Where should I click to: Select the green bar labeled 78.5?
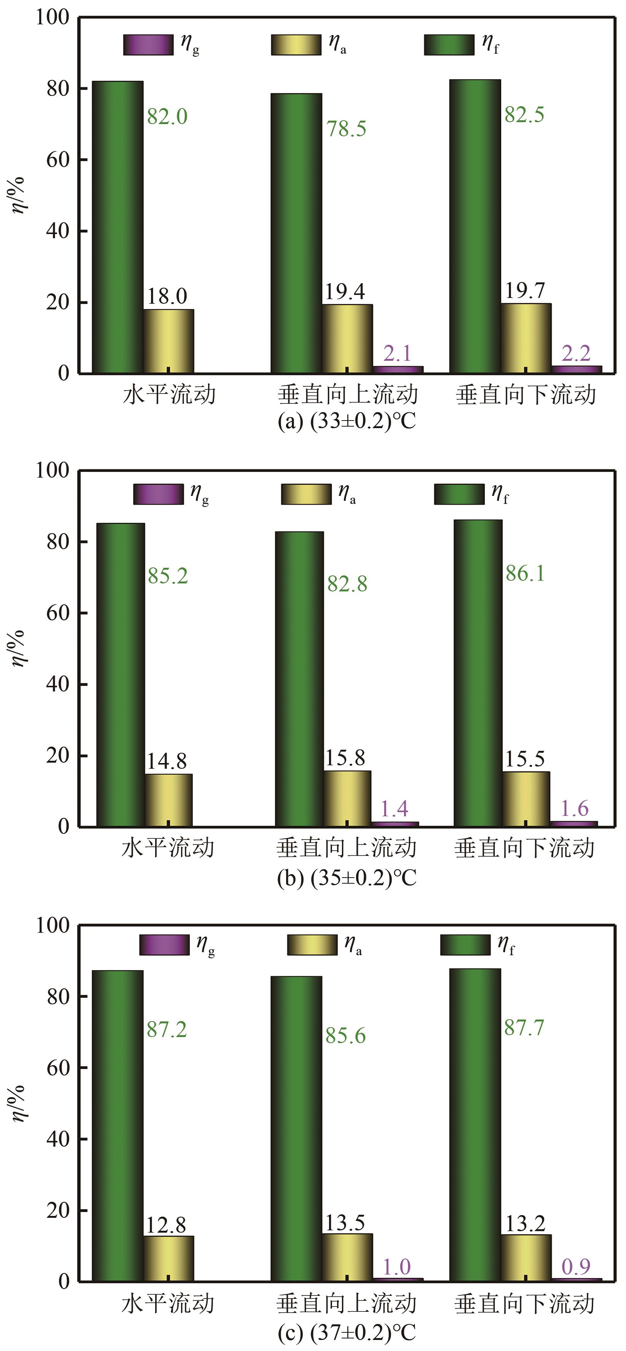296,233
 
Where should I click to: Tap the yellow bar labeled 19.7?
526,338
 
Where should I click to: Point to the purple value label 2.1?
397,354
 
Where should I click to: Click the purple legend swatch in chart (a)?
148,45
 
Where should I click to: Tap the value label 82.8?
347,584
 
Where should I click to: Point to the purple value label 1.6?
575,809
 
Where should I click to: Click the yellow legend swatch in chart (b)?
306,494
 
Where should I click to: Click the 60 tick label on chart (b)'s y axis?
58,613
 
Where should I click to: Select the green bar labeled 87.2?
118,1126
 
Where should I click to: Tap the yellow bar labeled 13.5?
347,1258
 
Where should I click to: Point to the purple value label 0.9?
576,1267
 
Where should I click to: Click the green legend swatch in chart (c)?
465,945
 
